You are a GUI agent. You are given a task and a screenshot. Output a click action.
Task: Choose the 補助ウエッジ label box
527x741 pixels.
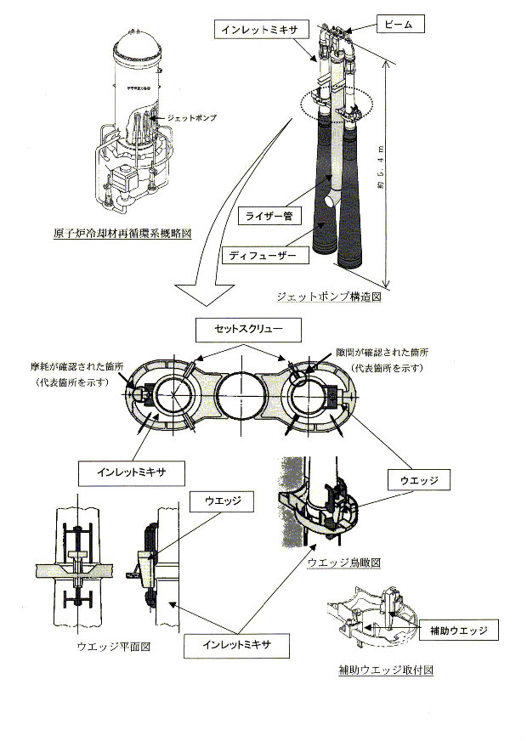(457, 631)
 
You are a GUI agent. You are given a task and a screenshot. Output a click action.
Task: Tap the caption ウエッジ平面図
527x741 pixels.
(113, 647)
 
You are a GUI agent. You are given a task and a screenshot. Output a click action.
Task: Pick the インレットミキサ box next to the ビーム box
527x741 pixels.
(260, 29)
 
